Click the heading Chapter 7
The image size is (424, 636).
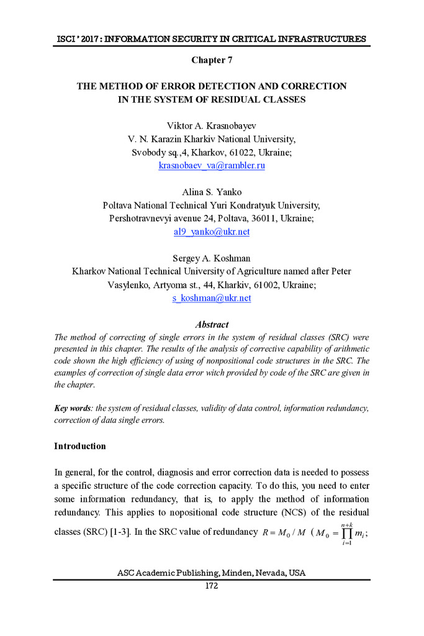point(211,60)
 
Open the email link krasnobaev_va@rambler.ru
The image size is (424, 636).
point(212,166)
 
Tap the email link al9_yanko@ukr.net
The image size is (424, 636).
point(212,232)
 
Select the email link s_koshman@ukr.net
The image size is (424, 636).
point(212,298)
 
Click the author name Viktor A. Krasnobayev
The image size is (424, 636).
point(212,125)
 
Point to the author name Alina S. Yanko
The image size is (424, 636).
point(212,192)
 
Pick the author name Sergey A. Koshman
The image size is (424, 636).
point(212,258)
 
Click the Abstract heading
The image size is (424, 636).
point(212,324)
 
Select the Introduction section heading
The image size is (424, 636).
point(80,446)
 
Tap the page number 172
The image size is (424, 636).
point(212,587)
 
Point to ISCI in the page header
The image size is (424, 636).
point(65,39)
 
